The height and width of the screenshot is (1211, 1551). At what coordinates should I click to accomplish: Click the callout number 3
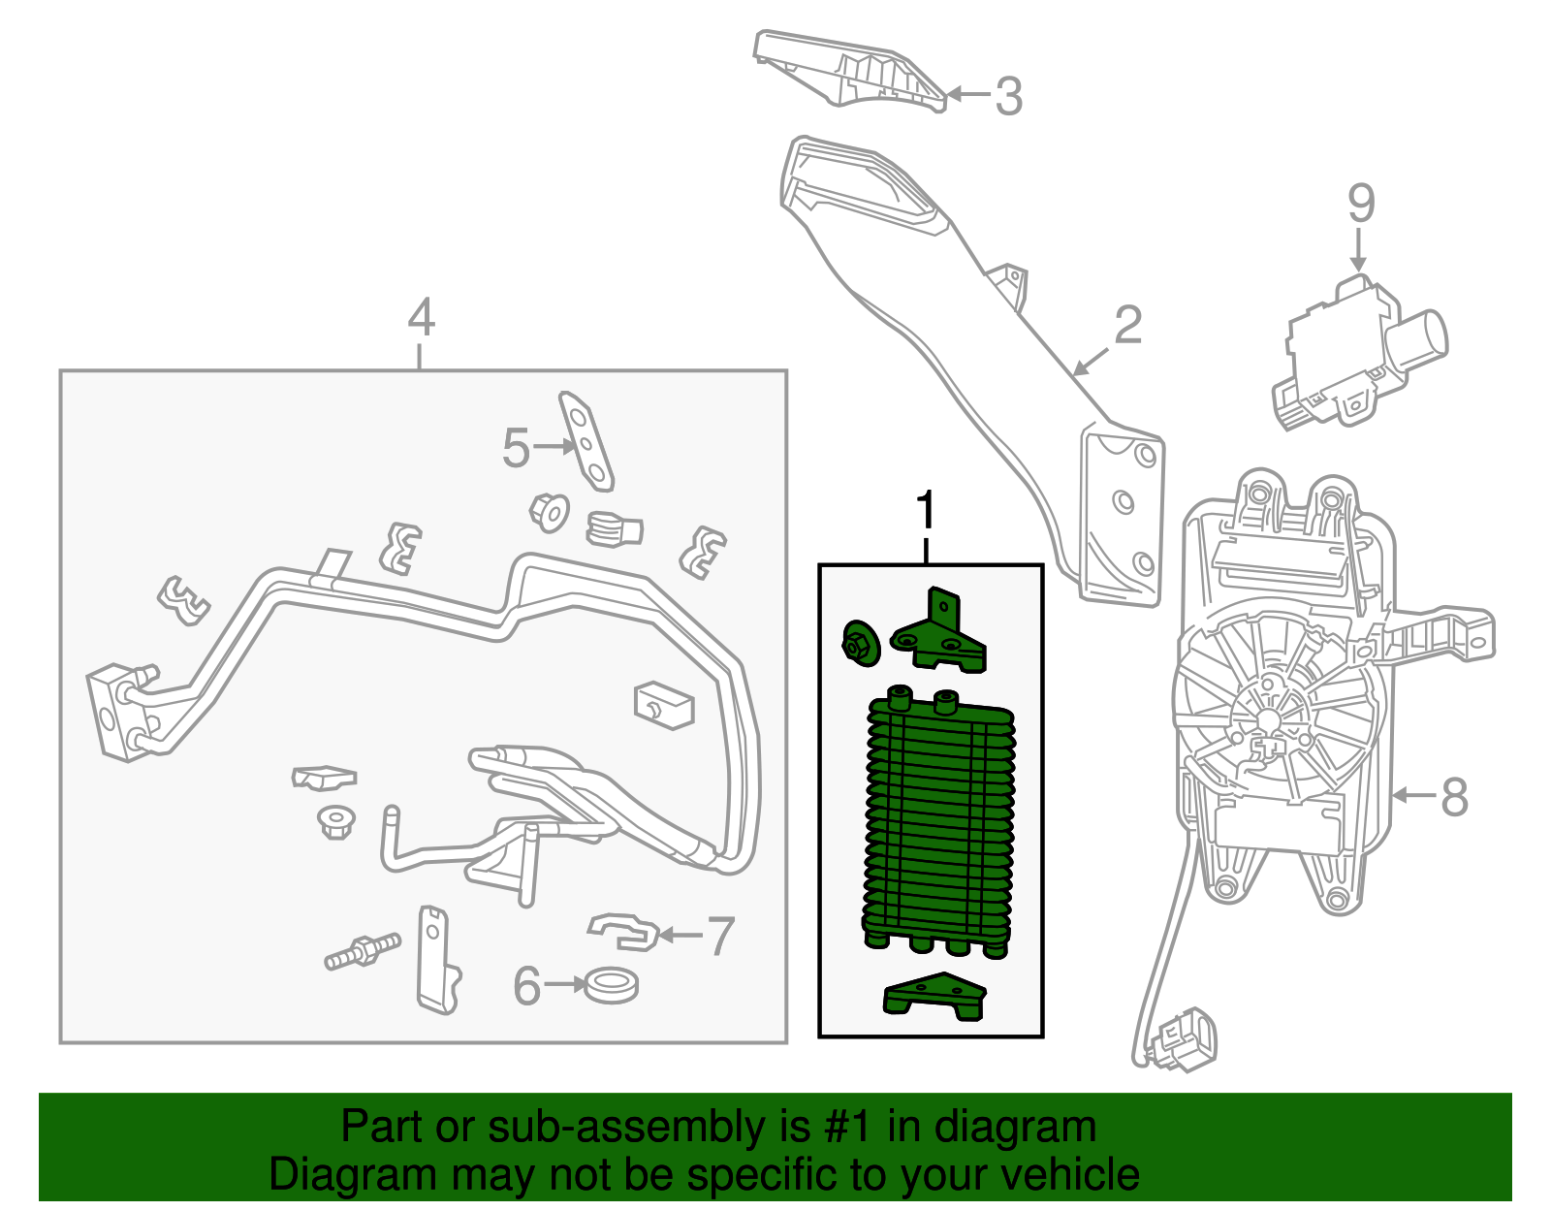(1009, 97)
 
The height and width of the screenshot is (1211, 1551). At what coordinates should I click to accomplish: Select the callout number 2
(1128, 326)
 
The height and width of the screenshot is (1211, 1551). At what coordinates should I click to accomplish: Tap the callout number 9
(1361, 205)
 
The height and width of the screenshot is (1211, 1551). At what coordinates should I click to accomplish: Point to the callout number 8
(1454, 797)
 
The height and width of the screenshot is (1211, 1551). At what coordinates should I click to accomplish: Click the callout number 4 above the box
(421, 317)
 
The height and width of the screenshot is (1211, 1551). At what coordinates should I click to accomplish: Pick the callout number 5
(517, 448)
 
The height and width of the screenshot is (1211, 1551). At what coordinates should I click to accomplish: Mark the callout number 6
(526, 987)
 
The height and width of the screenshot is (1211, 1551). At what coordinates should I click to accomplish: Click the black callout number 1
(927, 510)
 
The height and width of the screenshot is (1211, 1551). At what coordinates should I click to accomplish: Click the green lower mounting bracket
(934, 997)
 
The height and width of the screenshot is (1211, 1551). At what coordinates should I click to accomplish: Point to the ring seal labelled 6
(611, 986)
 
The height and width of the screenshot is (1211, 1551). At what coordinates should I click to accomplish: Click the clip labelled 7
(623, 931)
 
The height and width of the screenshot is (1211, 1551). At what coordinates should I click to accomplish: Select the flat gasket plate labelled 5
(586, 442)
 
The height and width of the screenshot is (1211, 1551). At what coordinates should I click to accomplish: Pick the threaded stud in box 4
(362, 950)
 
